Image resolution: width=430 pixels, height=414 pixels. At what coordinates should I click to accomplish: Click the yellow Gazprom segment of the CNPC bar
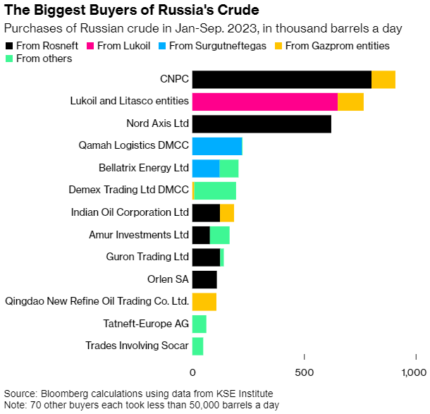pos(383,80)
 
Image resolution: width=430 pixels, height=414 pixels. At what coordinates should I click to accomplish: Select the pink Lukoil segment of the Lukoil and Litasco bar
pos(265,102)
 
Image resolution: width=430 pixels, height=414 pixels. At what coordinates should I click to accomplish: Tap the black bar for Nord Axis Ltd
pos(262,124)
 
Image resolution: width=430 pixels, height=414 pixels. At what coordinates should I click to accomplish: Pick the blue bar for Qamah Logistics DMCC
pos(217,146)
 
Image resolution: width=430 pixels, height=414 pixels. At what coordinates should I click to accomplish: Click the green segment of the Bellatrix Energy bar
pos(229,169)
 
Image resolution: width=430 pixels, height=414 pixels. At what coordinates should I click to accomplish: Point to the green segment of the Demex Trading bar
pos(215,190)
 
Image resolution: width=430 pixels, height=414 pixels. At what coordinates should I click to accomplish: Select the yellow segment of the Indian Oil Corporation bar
pos(227,213)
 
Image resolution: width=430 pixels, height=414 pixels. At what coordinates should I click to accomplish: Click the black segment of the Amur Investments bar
pos(201,235)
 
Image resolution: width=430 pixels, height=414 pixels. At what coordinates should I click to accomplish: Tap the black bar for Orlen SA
pos(204,279)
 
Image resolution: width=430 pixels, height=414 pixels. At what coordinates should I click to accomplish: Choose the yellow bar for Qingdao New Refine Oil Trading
pos(204,302)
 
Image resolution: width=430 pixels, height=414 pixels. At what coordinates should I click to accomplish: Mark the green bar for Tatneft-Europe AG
pos(199,324)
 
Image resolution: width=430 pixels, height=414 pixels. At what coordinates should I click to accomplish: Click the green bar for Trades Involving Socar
pos(197,346)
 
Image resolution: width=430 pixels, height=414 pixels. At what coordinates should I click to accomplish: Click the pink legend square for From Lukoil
pos(90,46)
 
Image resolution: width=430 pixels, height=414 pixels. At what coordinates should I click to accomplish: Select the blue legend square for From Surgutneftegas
pos(162,46)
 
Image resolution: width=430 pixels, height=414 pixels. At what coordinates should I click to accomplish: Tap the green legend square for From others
pos(9,59)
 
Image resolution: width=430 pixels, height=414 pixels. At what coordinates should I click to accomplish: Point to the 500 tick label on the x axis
pos(305,372)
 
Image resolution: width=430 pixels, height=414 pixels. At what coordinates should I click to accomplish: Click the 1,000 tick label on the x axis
pos(414,372)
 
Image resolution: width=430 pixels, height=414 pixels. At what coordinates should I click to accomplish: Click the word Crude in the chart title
pos(238,10)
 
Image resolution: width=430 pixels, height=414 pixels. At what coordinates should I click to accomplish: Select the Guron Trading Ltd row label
pos(147,257)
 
